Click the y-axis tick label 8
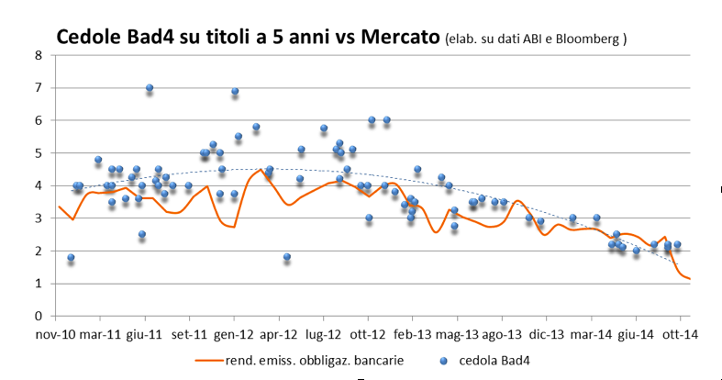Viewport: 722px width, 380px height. tap(39, 55)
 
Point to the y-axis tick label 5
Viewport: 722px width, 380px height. tap(39, 153)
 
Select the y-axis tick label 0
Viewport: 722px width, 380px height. tap(39, 316)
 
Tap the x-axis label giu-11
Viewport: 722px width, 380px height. tap(145, 335)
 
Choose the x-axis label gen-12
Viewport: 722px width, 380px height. tap(234, 335)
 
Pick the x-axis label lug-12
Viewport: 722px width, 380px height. tap(323, 335)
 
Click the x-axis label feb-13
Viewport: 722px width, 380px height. tap(413, 335)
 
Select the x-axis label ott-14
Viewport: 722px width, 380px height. tap(680, 335)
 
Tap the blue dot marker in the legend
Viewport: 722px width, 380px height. tap(439, 359)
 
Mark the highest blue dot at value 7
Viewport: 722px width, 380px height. tap(149, 88)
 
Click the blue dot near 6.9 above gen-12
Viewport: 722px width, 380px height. tap(235, 92)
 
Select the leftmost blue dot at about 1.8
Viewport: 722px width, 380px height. tap(71, 258)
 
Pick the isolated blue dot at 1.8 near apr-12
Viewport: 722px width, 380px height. tap(287, 257)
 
